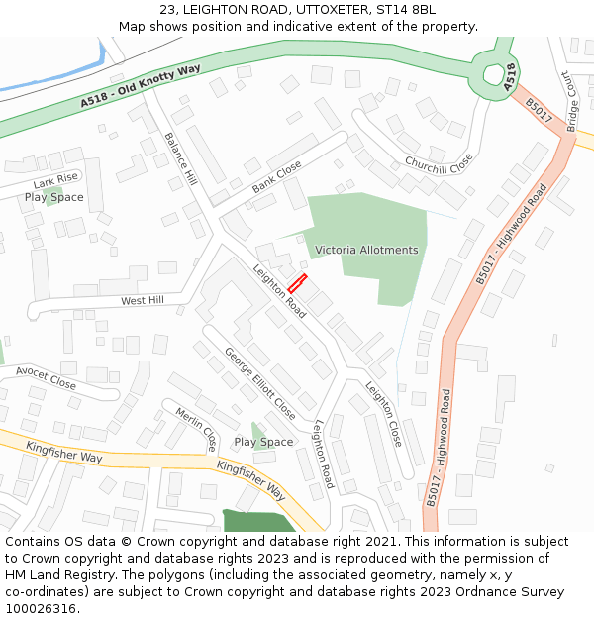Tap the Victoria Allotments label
point(366,250)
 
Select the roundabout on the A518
point(492,73)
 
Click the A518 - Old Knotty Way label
point(141,87)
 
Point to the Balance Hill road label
point(180,159)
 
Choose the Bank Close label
point(276,177)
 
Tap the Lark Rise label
point(54,182)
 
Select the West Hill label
point(142,300)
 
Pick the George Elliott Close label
point(259,382)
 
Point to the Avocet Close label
point(46,377)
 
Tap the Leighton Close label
point(384,413)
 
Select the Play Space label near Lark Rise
point(54,197)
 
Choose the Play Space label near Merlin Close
point(263,442)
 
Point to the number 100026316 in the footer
point(41,608)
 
